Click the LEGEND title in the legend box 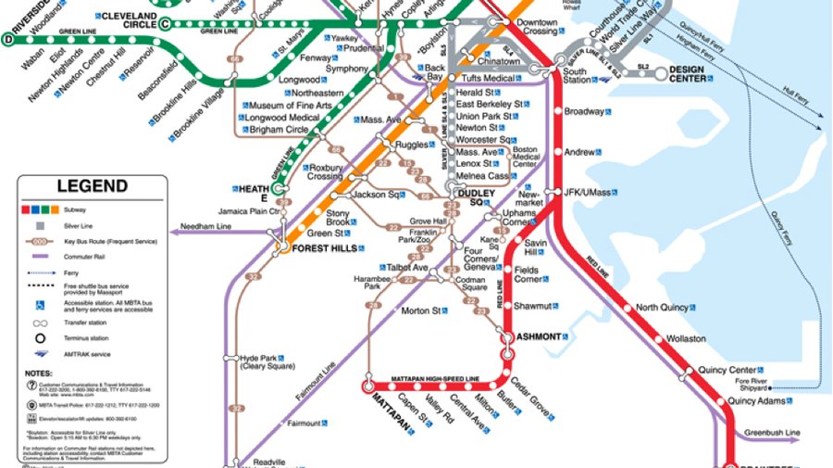pos(92,186)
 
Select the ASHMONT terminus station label pos(539,336)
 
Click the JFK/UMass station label pos(589,192)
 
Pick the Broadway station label pos(584,112)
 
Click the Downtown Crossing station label pos(537,27)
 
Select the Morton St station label pos(420,311)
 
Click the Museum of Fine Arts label pos(293,106)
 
